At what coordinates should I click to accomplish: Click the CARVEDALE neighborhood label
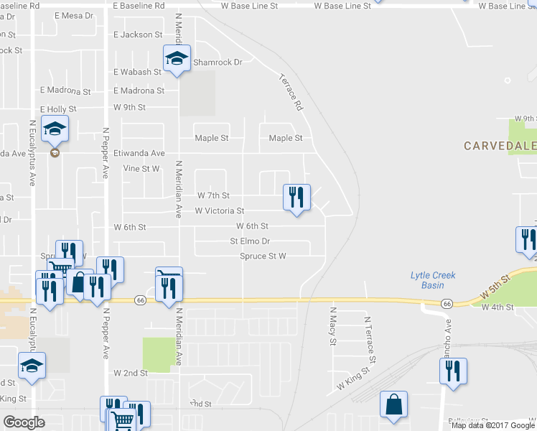[500, 146]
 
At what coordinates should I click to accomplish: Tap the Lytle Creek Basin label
[433, 279]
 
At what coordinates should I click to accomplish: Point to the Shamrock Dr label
[218, 62]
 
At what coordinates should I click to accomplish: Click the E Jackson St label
[139, 34]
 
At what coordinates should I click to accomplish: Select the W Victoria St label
[220, 211]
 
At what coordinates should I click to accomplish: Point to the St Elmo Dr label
[250, 241]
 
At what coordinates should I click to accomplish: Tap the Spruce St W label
[263, 256]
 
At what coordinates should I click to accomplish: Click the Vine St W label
[141, 169]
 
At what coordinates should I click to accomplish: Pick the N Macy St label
[332, 327]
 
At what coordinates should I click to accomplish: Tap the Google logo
[24, 422]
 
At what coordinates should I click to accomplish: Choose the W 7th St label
[213, 195]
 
